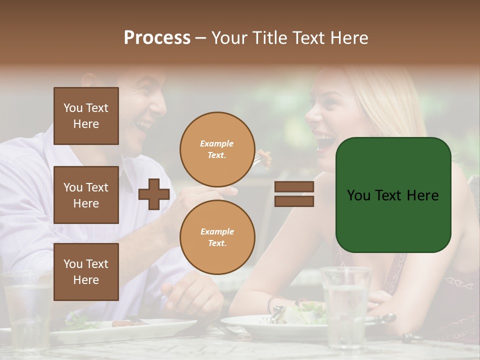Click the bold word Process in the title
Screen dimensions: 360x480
157,38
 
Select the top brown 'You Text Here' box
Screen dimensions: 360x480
86,116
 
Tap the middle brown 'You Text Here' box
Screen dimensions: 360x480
86,195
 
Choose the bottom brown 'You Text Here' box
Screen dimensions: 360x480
86,272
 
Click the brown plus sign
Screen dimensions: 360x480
154,194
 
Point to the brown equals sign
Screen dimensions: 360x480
294,194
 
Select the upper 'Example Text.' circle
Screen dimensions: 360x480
217,149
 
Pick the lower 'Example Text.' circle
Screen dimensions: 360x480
217,237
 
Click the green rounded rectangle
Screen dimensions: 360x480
393,195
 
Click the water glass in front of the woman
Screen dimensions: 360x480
346,305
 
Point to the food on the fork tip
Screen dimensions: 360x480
264,157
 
